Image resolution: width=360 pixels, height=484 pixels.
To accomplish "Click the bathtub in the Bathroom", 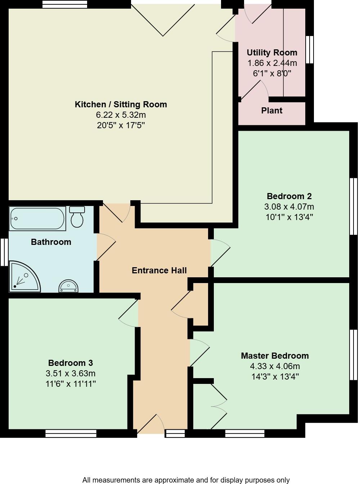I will (x=37, y=219).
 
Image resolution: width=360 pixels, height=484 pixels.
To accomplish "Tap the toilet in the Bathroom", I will (x=77, y=217).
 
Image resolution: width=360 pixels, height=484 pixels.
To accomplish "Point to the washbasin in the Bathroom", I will (x=68, y=286).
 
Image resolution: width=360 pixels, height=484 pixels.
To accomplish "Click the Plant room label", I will (x=271, y=111).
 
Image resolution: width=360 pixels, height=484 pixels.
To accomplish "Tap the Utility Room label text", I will (x=272, y=53).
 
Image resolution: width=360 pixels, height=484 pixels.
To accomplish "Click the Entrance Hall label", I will (x=159, y=270).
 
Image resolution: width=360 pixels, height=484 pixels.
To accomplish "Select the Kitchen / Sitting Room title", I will (x=121, y=104).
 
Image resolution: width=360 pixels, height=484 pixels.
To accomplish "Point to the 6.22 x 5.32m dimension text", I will (x=121, y=115).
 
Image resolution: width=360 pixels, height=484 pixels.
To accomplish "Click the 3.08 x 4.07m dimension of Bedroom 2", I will (x=289, y=207).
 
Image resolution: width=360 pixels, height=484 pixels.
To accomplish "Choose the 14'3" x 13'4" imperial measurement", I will (x=275, y=377).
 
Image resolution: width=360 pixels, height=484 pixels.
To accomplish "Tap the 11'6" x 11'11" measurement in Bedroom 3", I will (x=71, y=384).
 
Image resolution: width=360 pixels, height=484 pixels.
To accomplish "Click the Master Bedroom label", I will (x=275, y=356).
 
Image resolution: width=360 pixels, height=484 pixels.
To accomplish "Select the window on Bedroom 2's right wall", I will (x=354, y=206).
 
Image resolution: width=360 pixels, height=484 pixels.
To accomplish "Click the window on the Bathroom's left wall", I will (x=4, y=252).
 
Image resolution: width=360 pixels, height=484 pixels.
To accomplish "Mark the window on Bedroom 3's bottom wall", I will (x=71, y=433).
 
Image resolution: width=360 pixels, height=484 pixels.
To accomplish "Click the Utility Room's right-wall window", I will (x=309, y=49).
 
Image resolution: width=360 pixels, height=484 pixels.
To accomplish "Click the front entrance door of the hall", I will (x=150, y=425).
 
